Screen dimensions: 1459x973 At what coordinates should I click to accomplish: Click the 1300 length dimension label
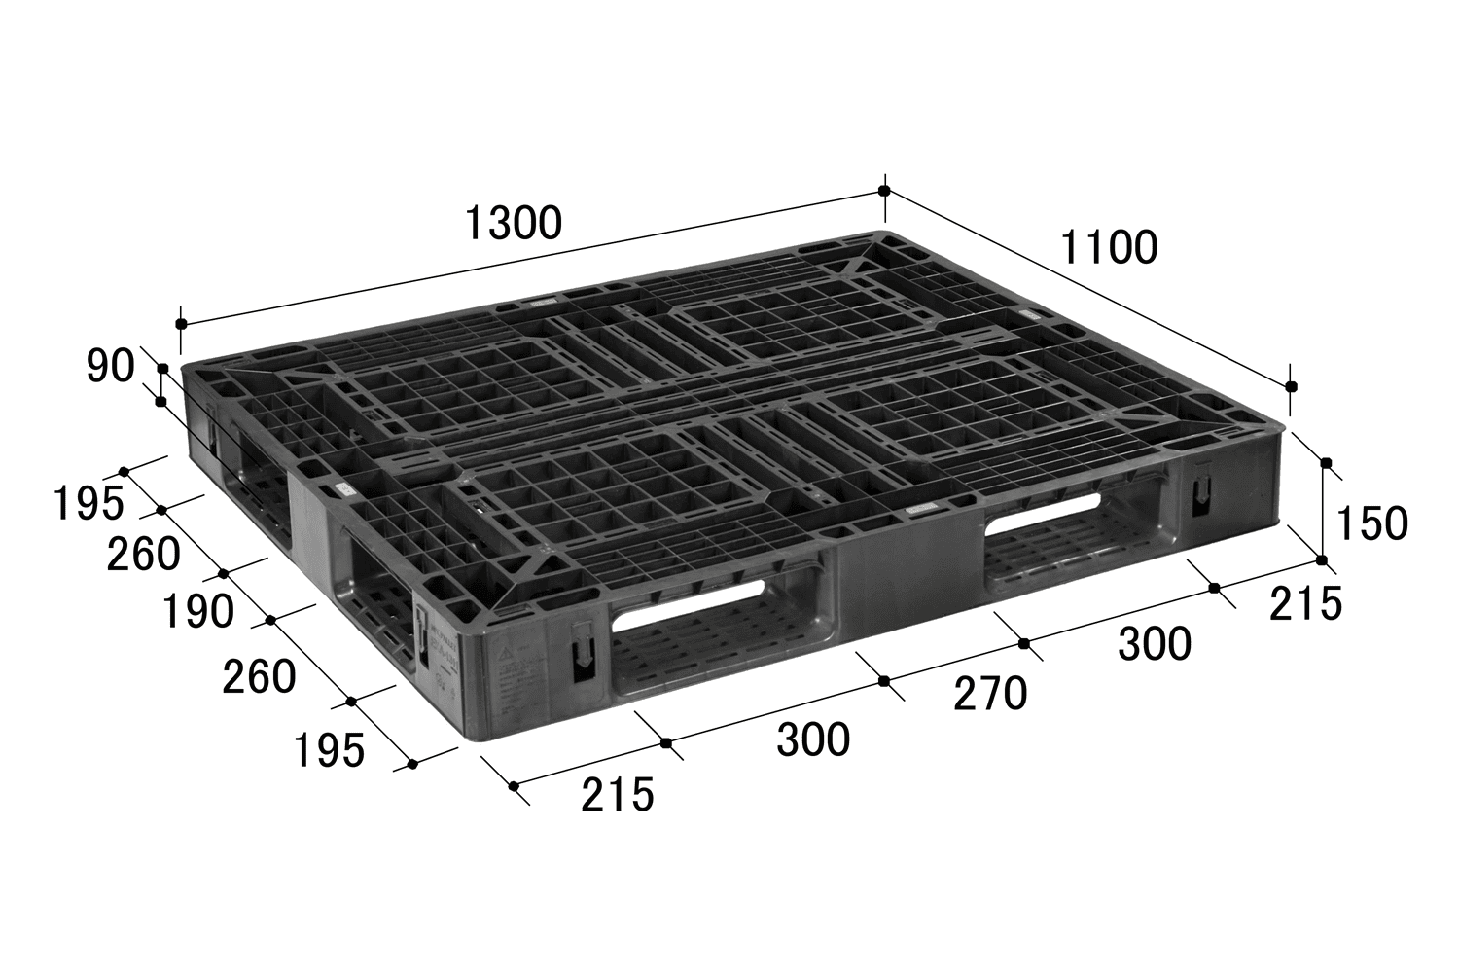pos(513,223)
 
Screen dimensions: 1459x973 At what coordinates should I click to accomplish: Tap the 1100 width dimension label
pos(1109,247)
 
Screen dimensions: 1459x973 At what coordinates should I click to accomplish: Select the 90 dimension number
pos(110,366)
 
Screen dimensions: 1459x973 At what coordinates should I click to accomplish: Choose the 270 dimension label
pos(990,694)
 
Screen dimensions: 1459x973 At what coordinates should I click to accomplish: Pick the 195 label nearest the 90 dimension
pos(88,503)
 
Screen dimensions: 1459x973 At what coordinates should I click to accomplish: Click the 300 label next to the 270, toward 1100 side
pos(1155,644)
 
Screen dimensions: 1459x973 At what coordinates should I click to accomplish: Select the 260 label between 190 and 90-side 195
pos(143,554)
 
